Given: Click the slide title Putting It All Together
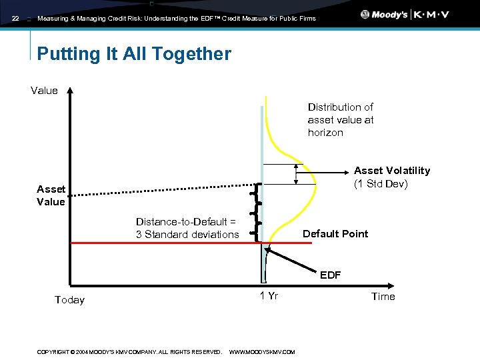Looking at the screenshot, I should tap(134, 54).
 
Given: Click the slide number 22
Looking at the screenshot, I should tap(15, 19).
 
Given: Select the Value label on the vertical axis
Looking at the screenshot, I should tap(44, 91).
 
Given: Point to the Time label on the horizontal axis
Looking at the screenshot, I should tap(383, 297).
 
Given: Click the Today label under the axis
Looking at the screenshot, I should tap(69, 300).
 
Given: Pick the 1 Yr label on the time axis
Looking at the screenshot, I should tap(269, 296).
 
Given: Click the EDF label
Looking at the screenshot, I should tap(330, 275).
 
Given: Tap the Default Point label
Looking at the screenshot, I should tap(335, 234).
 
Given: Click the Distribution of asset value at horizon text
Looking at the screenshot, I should tap(340, 120).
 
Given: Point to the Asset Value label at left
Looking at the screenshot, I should tap(51, 196).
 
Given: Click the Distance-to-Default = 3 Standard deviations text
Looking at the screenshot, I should tap(187, 228).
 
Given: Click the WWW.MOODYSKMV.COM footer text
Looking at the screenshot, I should tap(261, 352).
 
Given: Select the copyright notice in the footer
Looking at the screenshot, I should tap(129, 352).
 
